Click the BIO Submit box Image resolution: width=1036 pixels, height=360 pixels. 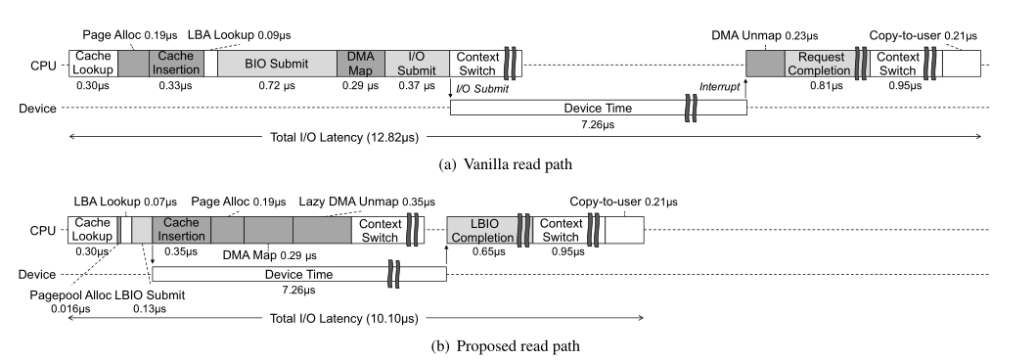click(277, 64)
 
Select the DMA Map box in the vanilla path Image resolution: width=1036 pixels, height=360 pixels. click(361, 64)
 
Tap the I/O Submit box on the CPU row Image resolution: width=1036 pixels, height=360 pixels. click(417, 64)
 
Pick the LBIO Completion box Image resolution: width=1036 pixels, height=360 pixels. click(481, 230)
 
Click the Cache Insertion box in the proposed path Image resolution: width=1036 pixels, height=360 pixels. click(181, 230)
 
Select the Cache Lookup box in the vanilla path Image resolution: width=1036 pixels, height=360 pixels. click(93, 64)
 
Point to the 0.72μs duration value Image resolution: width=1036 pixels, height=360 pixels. click(277, 85)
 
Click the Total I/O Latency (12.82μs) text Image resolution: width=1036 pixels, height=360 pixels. click(344, 137)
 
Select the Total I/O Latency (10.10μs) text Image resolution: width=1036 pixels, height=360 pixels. click(344, 318)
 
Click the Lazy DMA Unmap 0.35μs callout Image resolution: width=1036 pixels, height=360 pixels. click(368, 202)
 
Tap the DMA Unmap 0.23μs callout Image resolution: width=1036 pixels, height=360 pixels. click(764, 35)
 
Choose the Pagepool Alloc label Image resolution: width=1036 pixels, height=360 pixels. click(70, 295)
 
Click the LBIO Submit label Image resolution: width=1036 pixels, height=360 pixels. click(150, 295)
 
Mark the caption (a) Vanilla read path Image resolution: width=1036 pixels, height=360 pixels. click(506, 164)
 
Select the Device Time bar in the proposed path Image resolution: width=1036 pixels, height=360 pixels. click(299, 274)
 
